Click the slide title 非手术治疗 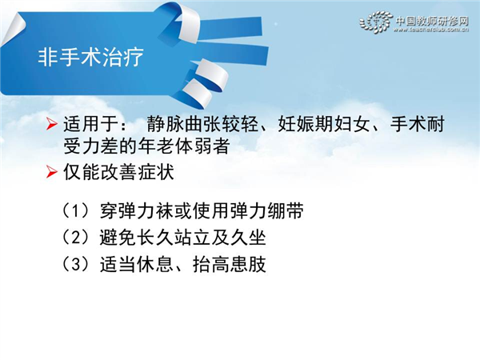click(91, 57)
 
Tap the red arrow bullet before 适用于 click(52, 124)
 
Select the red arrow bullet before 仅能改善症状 click(52, 172)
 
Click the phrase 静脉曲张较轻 click(202, 124)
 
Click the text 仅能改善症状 click(118, 172)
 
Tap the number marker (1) click(76, 211)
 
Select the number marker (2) click(76, 238)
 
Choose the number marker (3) click(76, 264)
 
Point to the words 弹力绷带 click(267, 211)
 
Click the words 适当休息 click(137, 264)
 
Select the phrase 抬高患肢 click(230, 264)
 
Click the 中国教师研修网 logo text click(432, 21)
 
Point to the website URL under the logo click(431, 30)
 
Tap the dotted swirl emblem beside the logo click(376, 22)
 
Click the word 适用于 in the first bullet click(91, 124)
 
